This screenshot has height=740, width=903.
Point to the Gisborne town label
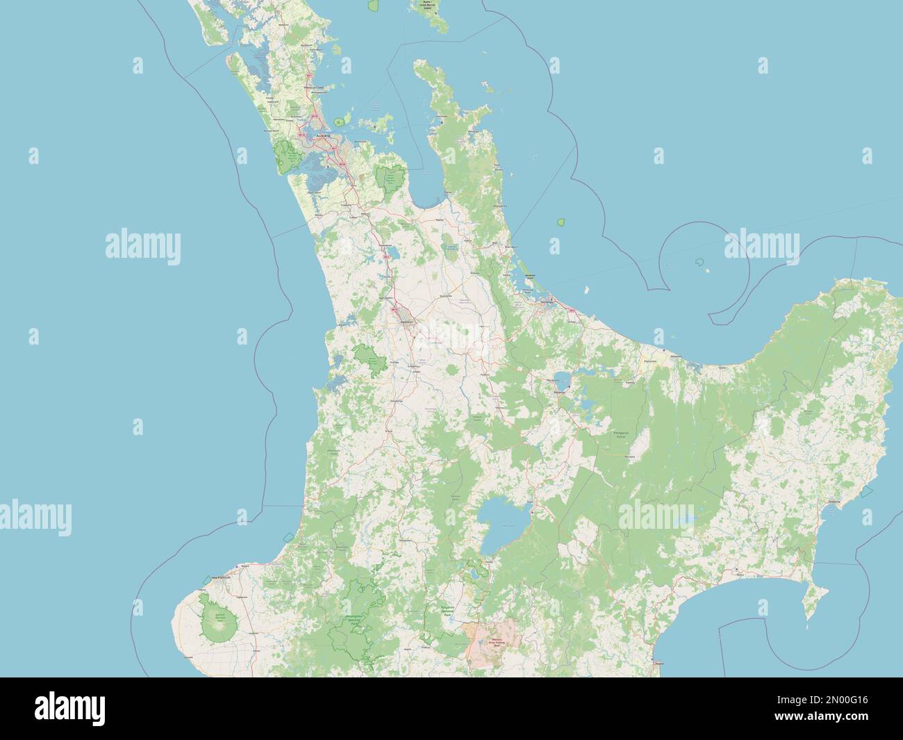[x=834, y=502]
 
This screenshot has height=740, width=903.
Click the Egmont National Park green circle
[x=219, y=615]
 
